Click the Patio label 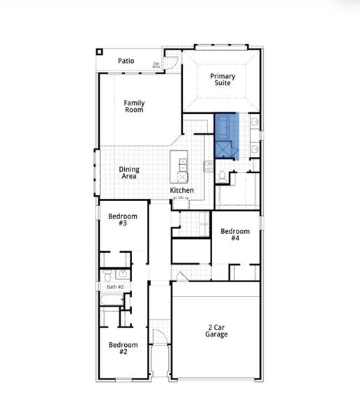[x=126, y=61]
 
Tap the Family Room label [x=134, y=107]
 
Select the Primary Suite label [x=223, y=80]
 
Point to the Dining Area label [x=128, y=172]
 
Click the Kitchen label [x=182, y=191]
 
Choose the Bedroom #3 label [x=122, y=220]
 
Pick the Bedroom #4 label [x=235, y=235]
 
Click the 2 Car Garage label [x=216, y=330]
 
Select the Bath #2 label [x=115, y=287]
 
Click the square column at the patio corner [x=100, y=51]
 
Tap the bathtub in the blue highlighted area [x=225, y=127]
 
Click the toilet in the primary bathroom [x=221, y=177]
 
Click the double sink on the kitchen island [x=183, y=165]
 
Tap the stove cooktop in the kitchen [x=208, y=166]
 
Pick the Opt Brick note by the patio [x=157, y=65]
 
